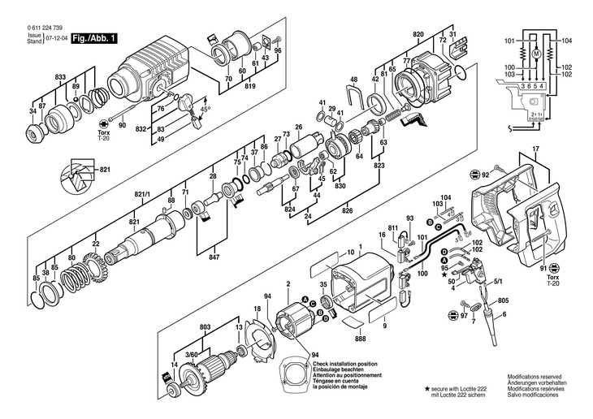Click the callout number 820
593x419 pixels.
coord(418,33)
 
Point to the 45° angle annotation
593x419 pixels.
coord(206,109)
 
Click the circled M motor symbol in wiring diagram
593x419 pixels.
coord(536,54)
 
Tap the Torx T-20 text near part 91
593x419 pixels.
coord(552,279)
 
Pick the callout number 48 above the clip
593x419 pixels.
coord(353,80)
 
